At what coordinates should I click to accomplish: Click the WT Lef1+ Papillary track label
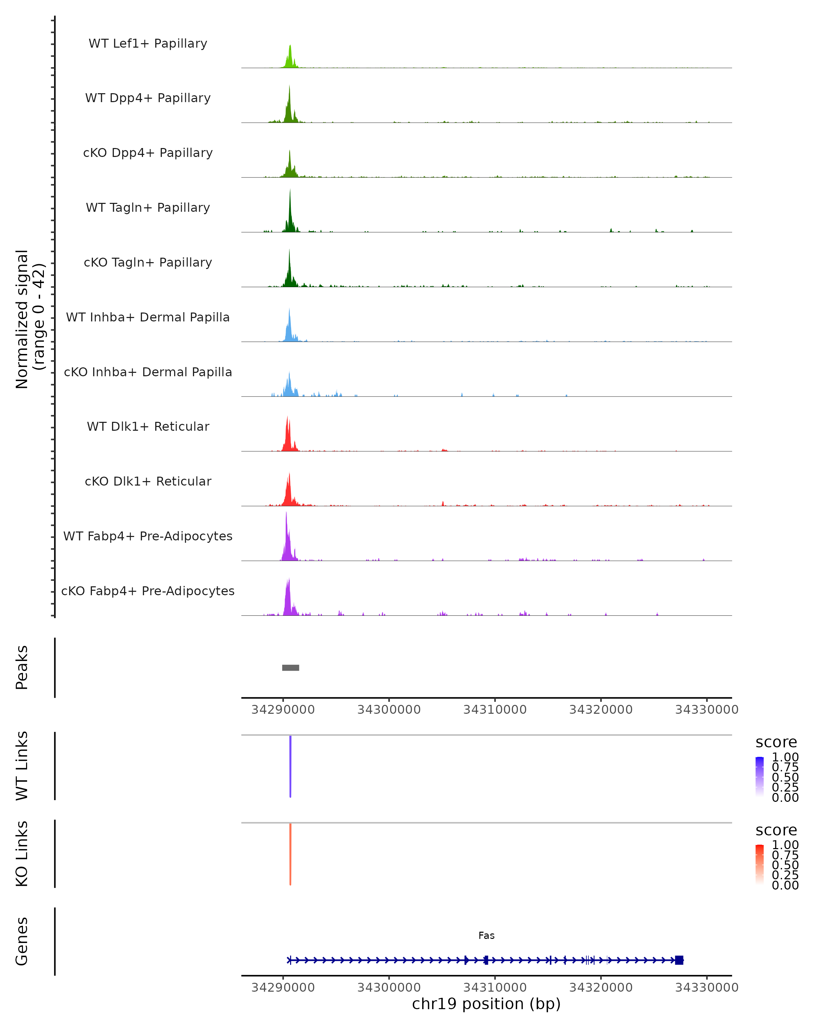coord(148,44)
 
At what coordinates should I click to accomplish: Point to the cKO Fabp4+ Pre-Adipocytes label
coord(148,591)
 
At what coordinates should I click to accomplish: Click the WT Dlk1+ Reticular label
coord(148,426)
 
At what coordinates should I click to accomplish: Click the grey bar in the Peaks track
coord(290,668)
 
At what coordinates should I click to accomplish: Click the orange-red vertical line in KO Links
coord(290,854)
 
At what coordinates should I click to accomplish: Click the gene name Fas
coord(486,935)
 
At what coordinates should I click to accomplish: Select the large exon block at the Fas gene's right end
coord(679,960)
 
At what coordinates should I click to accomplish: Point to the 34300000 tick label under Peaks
coord(389,710)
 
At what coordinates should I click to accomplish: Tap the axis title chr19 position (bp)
coord(486,1004)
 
